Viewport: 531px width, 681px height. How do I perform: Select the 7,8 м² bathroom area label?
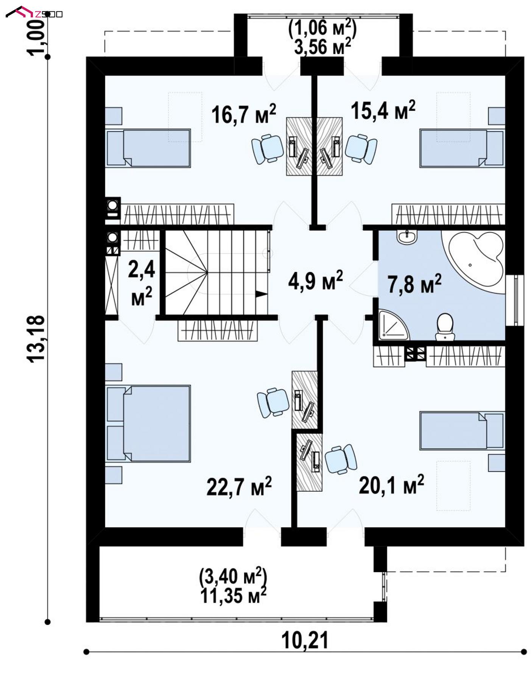coord(414,284)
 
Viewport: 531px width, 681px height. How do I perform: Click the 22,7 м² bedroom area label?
coord(239,486)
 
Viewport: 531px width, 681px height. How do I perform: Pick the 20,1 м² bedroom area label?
coord(391,485)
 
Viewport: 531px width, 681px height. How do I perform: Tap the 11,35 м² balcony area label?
coord(233,596)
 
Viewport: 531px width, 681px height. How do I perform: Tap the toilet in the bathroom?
coord(445,326)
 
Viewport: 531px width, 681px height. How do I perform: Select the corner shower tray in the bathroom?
coord(393,324)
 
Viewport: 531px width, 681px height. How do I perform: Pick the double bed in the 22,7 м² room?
coord(148,424)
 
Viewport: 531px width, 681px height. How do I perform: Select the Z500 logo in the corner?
coord(34,13)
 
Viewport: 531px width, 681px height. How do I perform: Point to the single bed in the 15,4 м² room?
coord(462,148)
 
